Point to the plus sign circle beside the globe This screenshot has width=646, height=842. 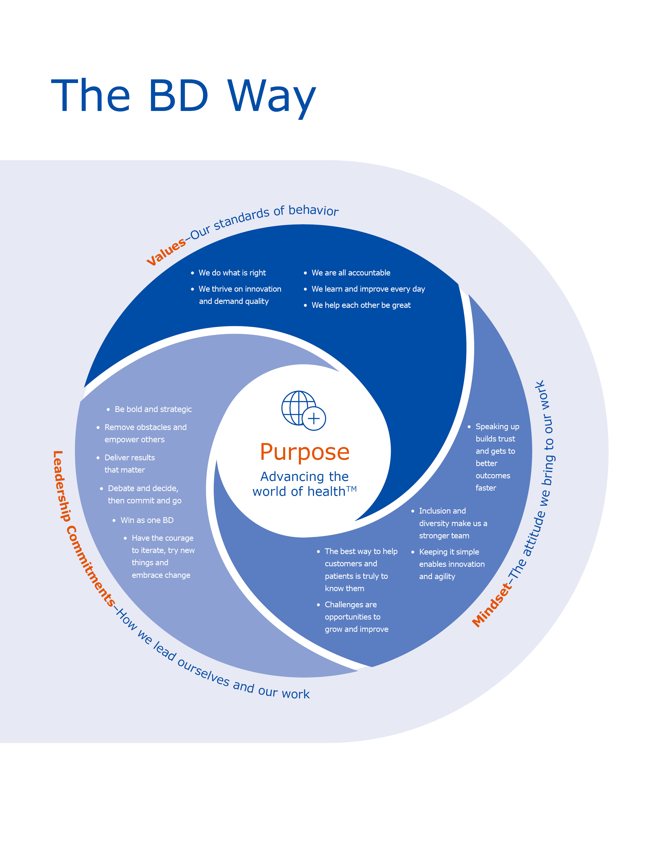(314, 419)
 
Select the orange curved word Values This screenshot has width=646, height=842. (166, 252)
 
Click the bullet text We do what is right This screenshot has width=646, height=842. (232, 273)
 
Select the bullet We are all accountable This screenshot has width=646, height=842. (351, 273)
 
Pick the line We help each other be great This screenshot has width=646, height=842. (361, 305)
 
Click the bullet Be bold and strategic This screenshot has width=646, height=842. (153, 409)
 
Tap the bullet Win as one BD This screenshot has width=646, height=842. (147, 520)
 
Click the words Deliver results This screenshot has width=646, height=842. (129, 458)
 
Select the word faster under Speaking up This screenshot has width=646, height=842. (486, 488)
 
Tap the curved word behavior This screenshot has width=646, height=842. (313, 210)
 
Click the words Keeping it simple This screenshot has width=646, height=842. (449, 552)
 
